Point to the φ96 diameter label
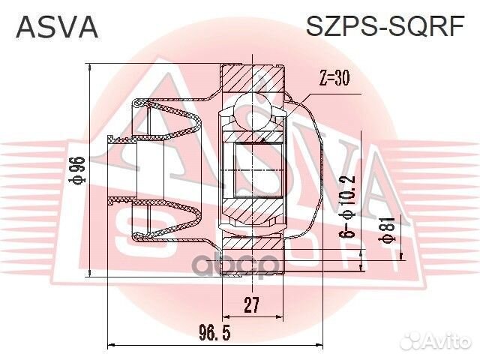tap(78, 171)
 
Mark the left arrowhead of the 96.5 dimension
tap(112, 344)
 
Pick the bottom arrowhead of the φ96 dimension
tap(89, 273)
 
